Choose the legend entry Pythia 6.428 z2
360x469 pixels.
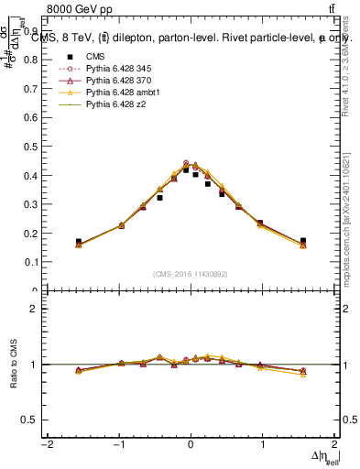click(x=112, y=105)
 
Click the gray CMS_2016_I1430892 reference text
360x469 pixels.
click(x=191, y=274)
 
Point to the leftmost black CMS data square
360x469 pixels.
click(x=79, y=242)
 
